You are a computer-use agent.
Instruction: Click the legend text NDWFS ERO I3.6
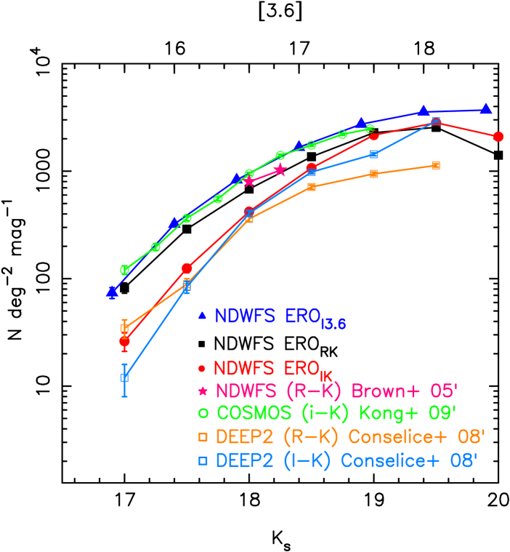coord(280,318)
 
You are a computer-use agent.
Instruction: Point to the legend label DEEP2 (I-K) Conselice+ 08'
coord(346,461)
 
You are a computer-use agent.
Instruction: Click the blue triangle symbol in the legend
coord(203,316)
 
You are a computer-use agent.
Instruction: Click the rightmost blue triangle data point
coord(486,109)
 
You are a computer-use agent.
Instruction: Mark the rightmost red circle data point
coord(498,137)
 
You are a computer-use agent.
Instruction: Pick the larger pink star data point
coord(280,170)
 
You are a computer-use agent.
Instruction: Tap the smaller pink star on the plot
coord(249,181)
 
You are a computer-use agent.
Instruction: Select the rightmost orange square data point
coord(436,166)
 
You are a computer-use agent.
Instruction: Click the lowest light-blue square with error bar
coord(125,377)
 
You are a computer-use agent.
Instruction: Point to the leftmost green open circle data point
coord(125,270)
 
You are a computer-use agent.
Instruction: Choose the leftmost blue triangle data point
coord(113,292)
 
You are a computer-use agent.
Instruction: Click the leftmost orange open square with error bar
coord(125,328)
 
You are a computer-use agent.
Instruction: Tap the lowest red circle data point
coord(125,341)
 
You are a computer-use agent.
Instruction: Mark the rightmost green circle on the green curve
coord(371,129)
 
